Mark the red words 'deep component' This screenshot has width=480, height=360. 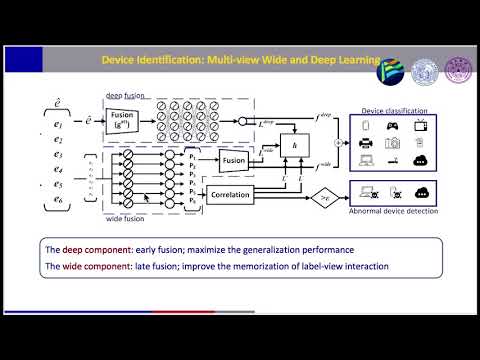coord(92,248)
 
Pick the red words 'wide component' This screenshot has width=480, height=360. coord(92,266)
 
